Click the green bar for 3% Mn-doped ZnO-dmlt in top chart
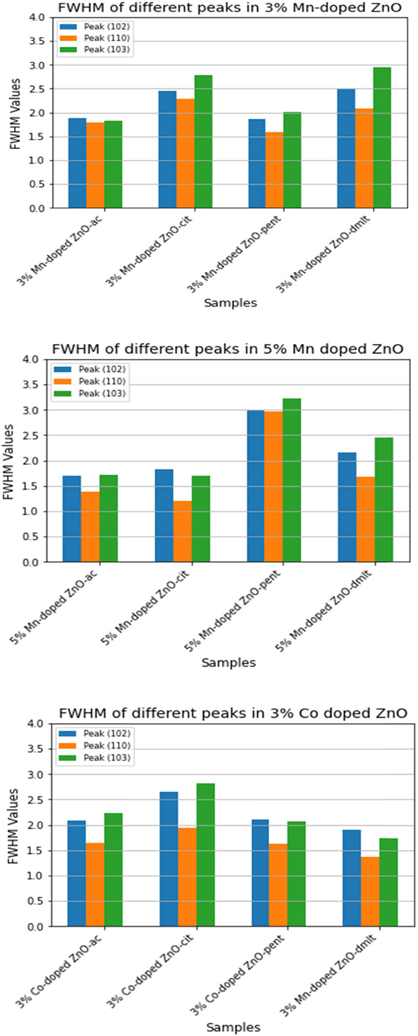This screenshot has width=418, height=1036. pyautogui.click(x=382, y=137)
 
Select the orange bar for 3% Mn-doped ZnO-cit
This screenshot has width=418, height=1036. pyautogui.click(x=185, y=154)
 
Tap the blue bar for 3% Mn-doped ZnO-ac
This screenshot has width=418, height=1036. pyautogui.click(x=77, y=163)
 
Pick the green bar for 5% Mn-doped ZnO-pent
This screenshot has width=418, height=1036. pyautogui.click(x=292, y=480)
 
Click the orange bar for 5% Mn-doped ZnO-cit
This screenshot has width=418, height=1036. pyautogui.click(x=182, y=532)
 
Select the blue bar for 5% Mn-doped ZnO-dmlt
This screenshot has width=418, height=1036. pyautogui.click(x=347, y=507)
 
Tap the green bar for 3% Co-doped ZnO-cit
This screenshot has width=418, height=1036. pyautogui.click(x=205, y=855)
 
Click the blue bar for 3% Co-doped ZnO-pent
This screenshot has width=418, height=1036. pyautogui.click(x=260, y=873)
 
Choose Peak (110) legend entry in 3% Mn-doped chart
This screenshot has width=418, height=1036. pyautogui.click(x=106, y=38)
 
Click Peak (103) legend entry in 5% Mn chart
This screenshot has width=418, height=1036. pyautogui.click(x=102, y=393)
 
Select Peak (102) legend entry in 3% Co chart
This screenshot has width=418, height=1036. pyautogui.click(x=106, y=733)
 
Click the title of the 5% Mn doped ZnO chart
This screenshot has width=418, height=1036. pyautogui.click(x=228, y=349)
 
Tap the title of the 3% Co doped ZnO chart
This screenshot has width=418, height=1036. pyautogui.click(x=233, y=713)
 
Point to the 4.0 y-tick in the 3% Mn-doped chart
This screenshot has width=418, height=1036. pyautogui.click(x=37, y=18)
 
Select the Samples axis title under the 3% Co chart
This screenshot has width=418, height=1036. pyautogui.click(x=233, y=1027)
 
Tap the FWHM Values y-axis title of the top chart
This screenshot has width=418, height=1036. pyautogui.click(x=15, y=114)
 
